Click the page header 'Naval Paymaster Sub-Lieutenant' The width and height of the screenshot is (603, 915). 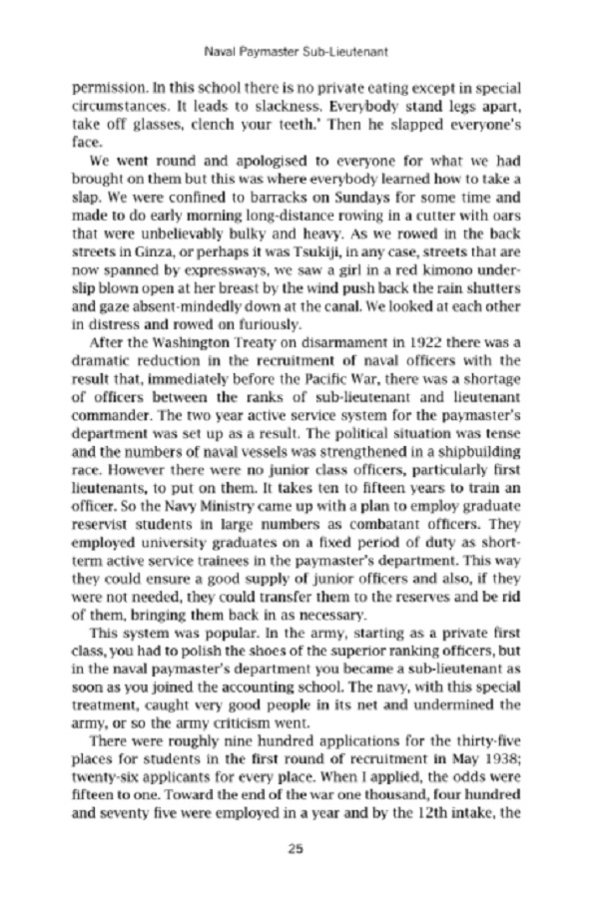(301, 47)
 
